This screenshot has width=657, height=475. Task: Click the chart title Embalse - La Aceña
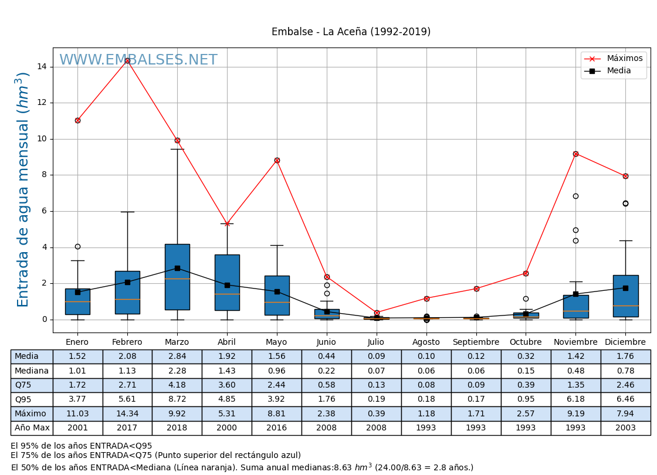[x=351, y=32]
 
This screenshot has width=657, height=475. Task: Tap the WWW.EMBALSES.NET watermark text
[x=138, y=60]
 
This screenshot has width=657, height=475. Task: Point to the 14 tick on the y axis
[x=42, y=67]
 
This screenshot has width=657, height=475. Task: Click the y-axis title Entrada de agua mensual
[x=23, y=189]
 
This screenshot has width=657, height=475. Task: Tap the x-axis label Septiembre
[x=476, y=342]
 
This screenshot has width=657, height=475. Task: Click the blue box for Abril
[x=227, y=282]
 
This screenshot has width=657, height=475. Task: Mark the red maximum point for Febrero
[x=127, y=60]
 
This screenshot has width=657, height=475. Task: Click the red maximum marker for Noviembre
[x=575, y=154]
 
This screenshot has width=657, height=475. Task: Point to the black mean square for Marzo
[x=177, y=268]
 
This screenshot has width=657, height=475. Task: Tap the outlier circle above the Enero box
[x=77, y=246]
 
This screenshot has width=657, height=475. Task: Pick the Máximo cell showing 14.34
[x=127, y=414]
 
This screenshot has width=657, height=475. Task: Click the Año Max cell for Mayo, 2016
[x=276, y=428]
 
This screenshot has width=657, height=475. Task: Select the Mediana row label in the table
[x=32, y=371]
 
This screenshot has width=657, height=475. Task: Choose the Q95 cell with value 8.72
[x=177, y=399]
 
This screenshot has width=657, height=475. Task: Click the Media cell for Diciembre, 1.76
[x=625, y=357]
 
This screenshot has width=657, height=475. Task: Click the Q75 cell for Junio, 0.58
[x=326, y=385]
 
